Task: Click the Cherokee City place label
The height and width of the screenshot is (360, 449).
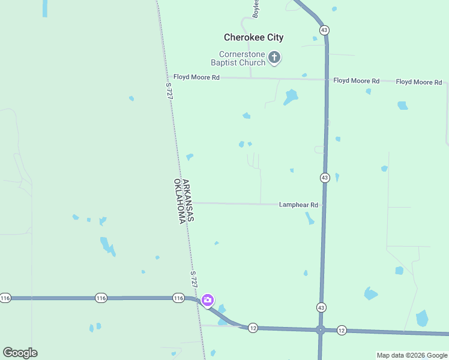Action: click(x=253, y=37)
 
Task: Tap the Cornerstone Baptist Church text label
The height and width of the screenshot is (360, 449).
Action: click(x=238, y=58)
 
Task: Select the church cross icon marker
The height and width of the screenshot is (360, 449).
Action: click(x=274, y=58)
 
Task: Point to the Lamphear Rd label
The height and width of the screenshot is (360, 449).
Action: click(x=298, y=205)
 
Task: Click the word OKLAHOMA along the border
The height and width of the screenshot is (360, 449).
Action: click(x=179, y=201)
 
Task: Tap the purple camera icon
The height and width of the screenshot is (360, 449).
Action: click(x=207, y=300)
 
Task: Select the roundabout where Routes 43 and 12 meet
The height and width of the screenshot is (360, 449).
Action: click(x=321, y=329)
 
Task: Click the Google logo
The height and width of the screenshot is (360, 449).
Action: click(x=20, y=353)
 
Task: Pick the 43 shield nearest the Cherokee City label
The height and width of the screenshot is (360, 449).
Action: click(x=324, y=29)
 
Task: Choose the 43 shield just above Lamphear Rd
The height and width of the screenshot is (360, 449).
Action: click(x=325, y=178)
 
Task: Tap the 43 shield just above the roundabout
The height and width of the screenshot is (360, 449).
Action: click(x=322, y=307)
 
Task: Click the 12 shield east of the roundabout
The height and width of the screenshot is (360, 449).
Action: click(x=342, y=330)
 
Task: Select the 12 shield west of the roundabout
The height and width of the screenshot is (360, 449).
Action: click(x=253, y=328)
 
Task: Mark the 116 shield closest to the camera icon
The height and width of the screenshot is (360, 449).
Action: click(x=178, y=298)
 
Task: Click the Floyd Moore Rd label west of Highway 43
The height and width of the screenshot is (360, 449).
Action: click(x=197, y=77)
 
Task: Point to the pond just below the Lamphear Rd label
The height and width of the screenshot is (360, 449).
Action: click(x=310, y=218)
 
